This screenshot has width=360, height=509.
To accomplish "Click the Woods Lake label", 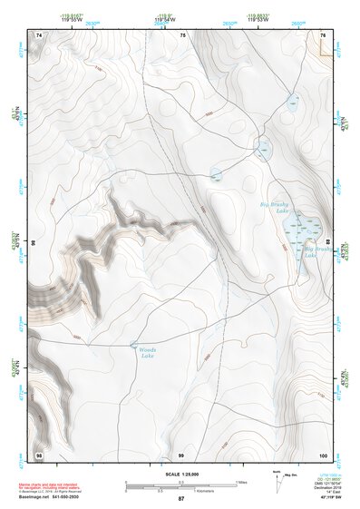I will pyautogui.click(x=148, y=353).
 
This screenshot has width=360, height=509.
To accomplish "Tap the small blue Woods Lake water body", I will pyautogui.click(x=135, y=344).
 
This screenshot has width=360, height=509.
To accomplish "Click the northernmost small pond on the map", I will pyautogui.click(x=292, y=103).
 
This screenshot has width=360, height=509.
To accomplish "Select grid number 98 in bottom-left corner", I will pyautogui.click(x=38, y=453).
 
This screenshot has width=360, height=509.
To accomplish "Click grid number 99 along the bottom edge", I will pyautogui.click(x=181, y=453).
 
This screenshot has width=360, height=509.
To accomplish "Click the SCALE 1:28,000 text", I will pyautogui.click(x=180, y=475).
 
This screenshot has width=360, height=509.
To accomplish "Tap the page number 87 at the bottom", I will pyautogui.click(x=181, y=499).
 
